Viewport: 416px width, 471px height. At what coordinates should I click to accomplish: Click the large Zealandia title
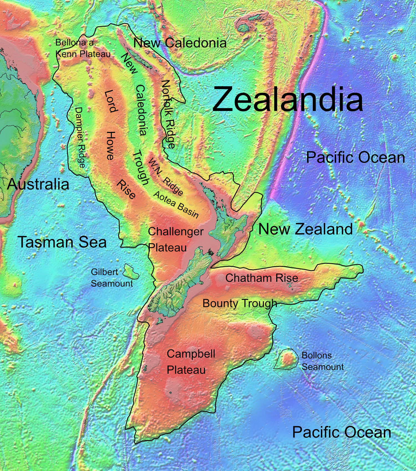[x=288, y=99]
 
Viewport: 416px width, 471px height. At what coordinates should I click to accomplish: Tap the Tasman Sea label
[x=62, y=242]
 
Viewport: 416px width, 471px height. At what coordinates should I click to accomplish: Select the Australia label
[x=38, y=184]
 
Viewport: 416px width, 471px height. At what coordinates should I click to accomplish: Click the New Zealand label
[x=305, y=229]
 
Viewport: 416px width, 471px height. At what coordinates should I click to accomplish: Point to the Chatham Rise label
[x=262, y=278]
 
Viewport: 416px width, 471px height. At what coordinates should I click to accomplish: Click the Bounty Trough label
[x=240, y=303]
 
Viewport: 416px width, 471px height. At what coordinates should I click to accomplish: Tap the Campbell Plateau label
[x=191, y=362]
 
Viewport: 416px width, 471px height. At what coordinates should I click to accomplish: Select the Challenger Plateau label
[x=175, y=239]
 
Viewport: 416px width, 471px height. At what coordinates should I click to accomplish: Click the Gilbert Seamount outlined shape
[x=131, y=272]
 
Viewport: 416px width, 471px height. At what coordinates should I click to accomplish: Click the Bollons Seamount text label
[x=322, y=361]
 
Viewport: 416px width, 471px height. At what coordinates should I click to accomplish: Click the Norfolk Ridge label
[x=168, y=114]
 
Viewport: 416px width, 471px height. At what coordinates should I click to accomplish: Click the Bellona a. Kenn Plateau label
[x=83, y=48]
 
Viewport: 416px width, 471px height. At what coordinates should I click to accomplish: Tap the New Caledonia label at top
[x=180, y=43]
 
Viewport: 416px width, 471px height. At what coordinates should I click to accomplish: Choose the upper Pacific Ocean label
[x=355, y=157]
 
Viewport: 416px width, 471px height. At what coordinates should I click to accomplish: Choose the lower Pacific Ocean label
[x=341, y=432]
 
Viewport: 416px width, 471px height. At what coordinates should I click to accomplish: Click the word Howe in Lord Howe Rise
[x=110, y=146]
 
